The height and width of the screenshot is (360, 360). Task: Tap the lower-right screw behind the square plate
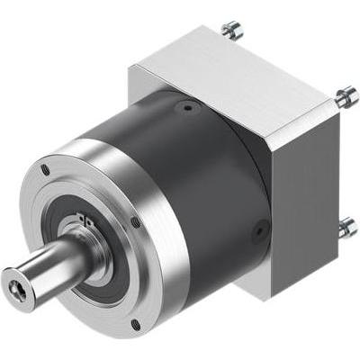[x=346, y=227]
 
